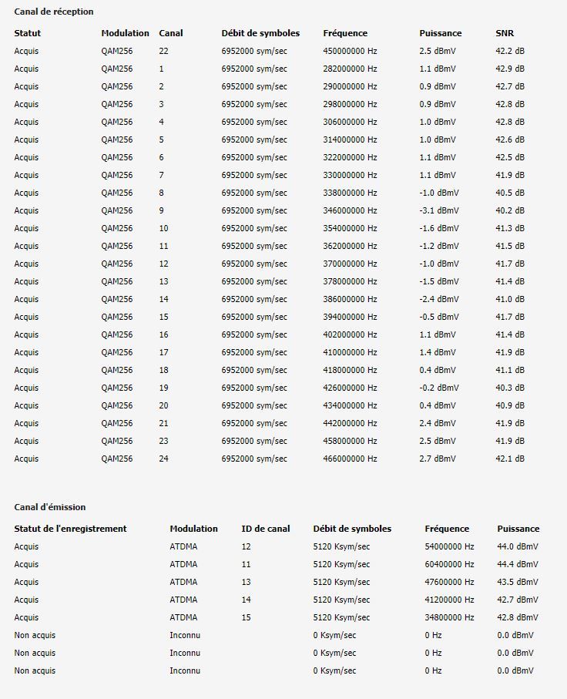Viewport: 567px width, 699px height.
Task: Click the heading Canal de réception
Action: [54, 12]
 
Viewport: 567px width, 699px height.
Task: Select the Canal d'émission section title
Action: [50, 507]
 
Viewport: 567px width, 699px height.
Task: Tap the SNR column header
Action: [504, 33]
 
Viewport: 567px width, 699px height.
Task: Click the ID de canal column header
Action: [266, 529]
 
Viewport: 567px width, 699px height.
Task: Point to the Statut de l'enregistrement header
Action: [70, 529]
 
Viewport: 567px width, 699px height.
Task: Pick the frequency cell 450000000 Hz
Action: [350, 51]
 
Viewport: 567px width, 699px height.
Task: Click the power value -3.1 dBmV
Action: [438, 210]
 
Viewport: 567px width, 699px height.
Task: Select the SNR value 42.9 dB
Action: [510, 69]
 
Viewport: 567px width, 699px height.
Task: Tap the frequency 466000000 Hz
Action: [350, 459]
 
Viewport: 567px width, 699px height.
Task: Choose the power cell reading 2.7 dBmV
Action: [437, 459]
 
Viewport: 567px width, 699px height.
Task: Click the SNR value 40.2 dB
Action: [510, 210]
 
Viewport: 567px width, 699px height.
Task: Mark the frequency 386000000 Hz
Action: [350, 299]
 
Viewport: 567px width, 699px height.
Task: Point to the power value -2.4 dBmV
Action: [438, 299]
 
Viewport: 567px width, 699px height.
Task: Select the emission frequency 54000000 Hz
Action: [449, 546]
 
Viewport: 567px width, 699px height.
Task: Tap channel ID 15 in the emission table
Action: [247, 617]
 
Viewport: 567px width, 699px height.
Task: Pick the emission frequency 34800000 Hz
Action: [449, 617]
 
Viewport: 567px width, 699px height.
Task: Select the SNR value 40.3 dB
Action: [510, 388]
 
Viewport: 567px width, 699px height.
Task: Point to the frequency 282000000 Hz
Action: [350, 69]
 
